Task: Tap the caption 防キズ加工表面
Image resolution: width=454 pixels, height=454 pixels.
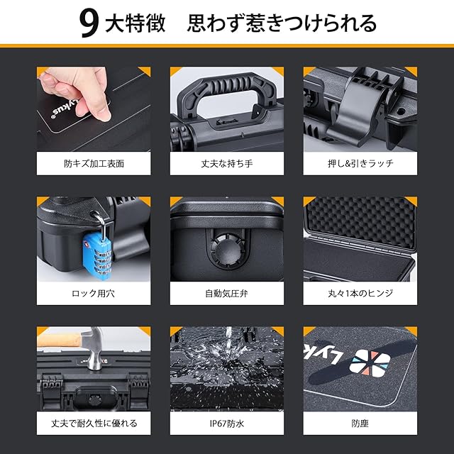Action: coord(94,164)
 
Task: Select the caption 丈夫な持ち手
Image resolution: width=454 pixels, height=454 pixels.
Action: coord(227,164)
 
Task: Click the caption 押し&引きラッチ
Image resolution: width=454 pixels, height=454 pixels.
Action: coord(360,164)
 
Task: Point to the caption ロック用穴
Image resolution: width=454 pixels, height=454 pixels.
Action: coord(93,293)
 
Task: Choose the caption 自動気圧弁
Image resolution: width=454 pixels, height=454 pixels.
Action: coord(227,293)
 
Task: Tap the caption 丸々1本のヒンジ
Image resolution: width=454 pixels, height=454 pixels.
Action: coord(360,293)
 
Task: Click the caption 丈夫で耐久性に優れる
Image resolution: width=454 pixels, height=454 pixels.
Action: coord(94,423)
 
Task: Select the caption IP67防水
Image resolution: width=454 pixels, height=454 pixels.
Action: coord(227,423)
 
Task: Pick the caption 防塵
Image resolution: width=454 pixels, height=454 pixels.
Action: coord(360,423)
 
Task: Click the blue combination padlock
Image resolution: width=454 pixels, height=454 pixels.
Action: coord(97,256)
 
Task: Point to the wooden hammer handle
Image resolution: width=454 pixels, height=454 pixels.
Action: coord(60,340)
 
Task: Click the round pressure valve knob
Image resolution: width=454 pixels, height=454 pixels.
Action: coord(227,250)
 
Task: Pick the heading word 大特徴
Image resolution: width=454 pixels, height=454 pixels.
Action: coord(135,23)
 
